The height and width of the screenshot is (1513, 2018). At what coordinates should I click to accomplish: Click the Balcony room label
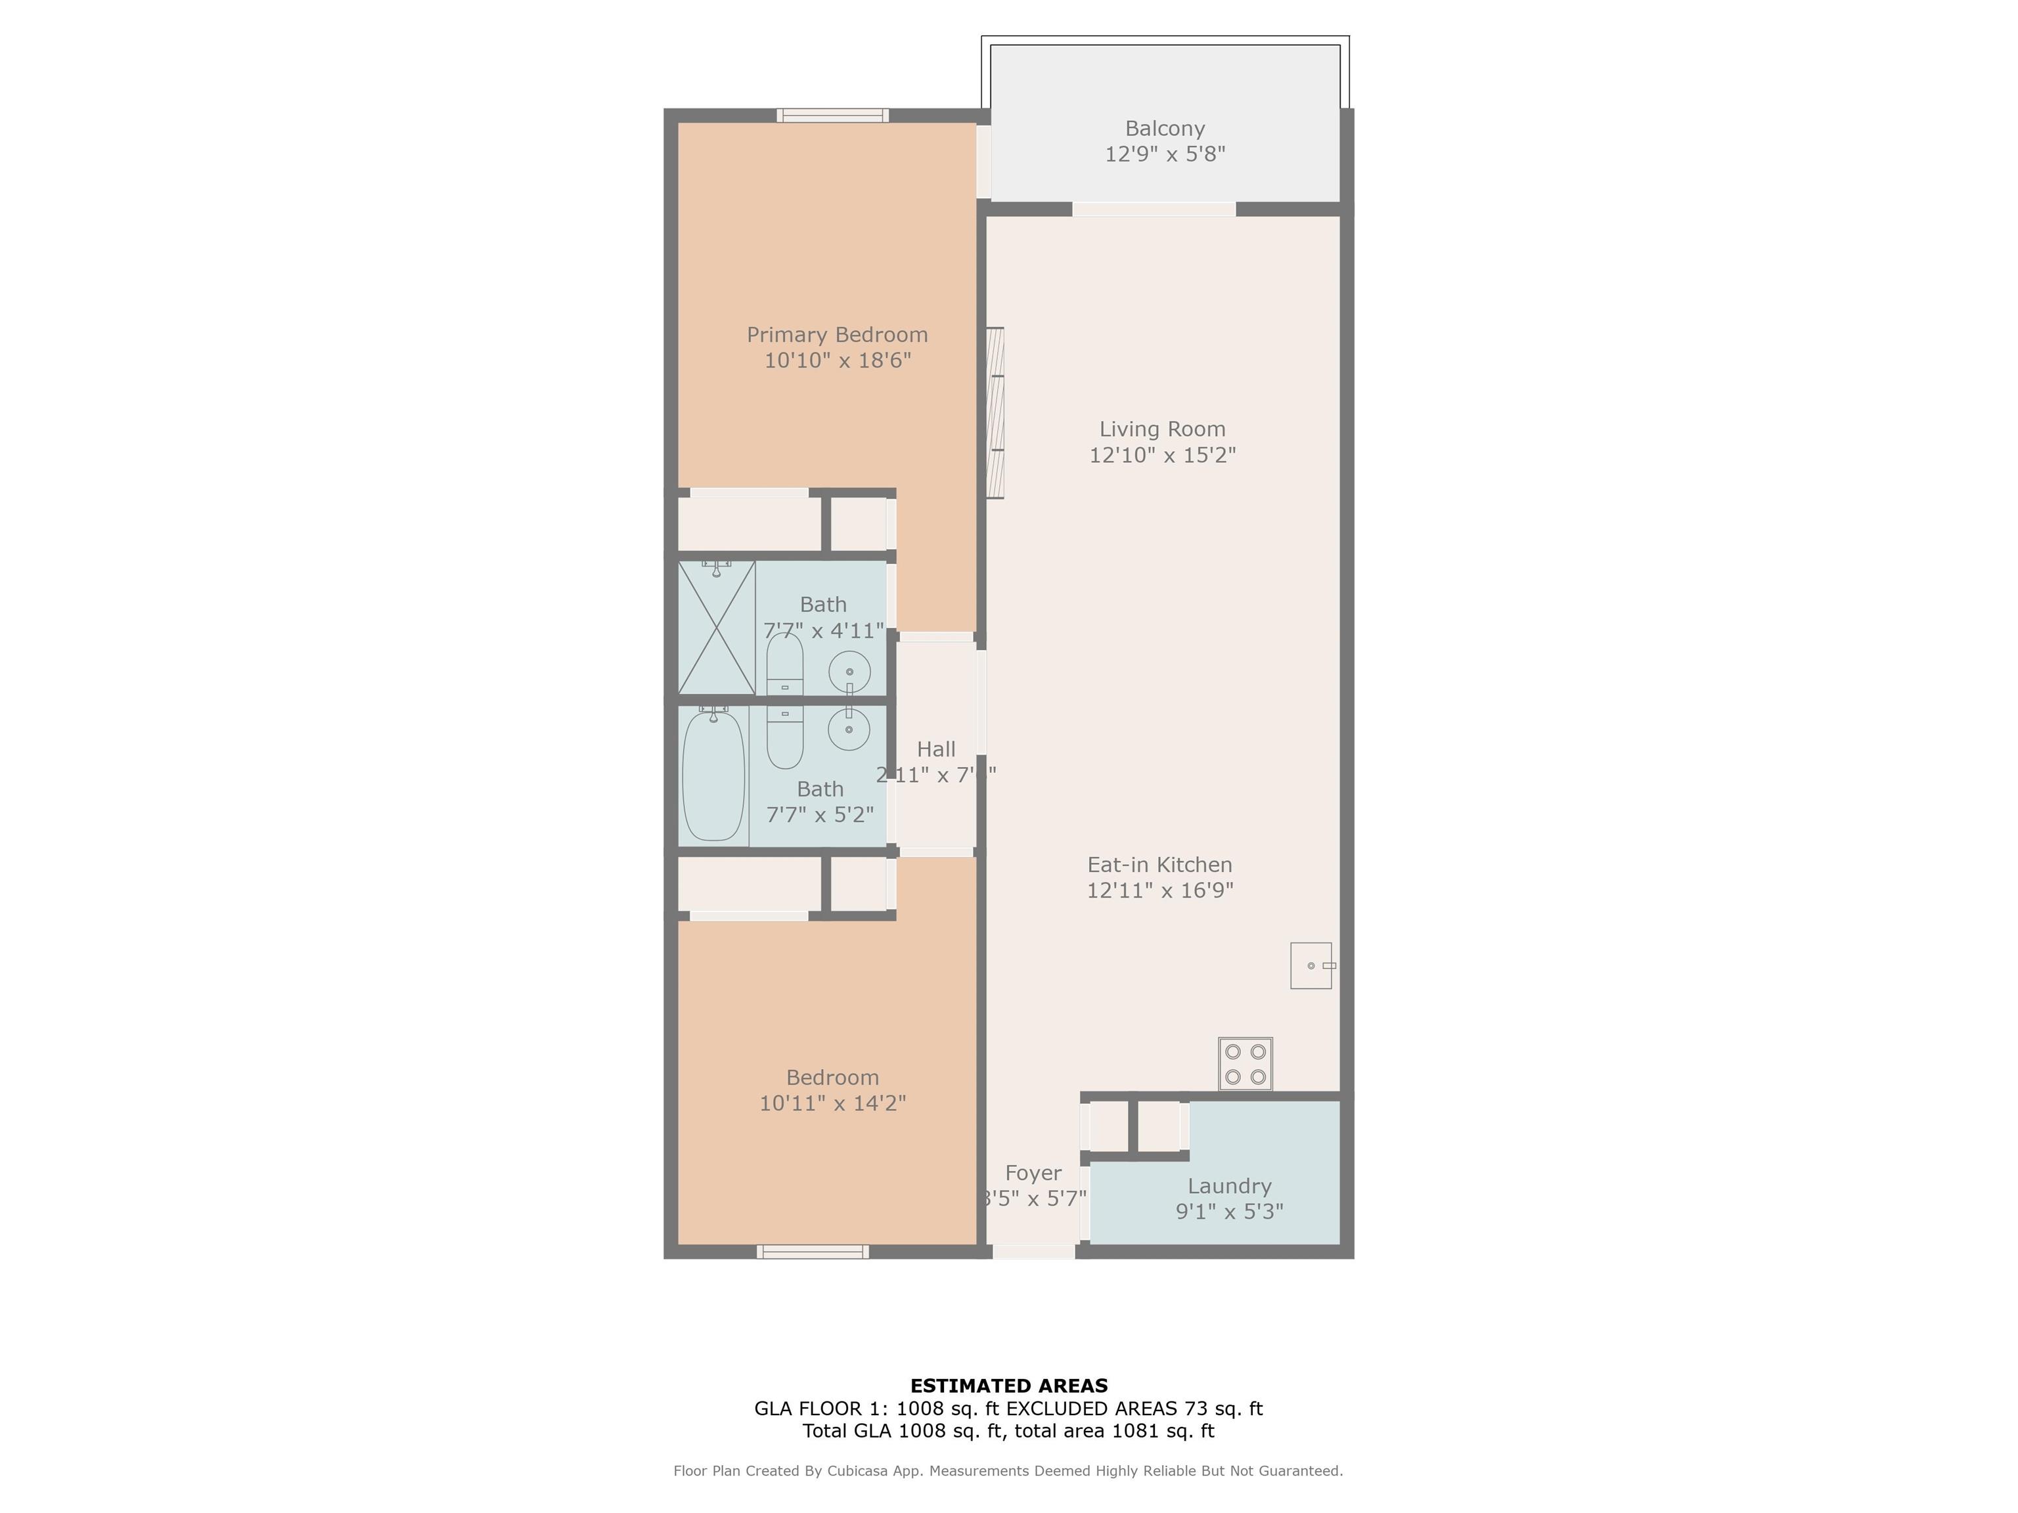[1164, 129]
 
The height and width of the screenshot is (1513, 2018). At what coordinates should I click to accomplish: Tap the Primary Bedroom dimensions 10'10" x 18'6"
[837, 361]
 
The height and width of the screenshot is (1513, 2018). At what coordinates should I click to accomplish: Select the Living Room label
[1161, 429]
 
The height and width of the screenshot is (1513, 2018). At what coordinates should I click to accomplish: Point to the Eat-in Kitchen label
[1159, 865]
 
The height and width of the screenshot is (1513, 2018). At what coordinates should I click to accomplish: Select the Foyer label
[1033, 1173]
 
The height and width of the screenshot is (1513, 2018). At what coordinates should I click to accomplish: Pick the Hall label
[935, 749]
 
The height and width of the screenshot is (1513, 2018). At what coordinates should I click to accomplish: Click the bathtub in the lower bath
[713, 775]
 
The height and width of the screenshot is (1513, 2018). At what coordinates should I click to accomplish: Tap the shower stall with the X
[716, 627]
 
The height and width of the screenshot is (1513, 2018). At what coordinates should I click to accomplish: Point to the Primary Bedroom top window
[832, 115]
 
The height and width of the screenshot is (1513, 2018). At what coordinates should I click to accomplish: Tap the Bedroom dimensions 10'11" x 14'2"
[832, 1103]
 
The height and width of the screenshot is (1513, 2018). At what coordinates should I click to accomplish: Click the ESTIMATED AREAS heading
[1008, 1386]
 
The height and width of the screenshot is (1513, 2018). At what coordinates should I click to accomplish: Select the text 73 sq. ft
[1222, 1408]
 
